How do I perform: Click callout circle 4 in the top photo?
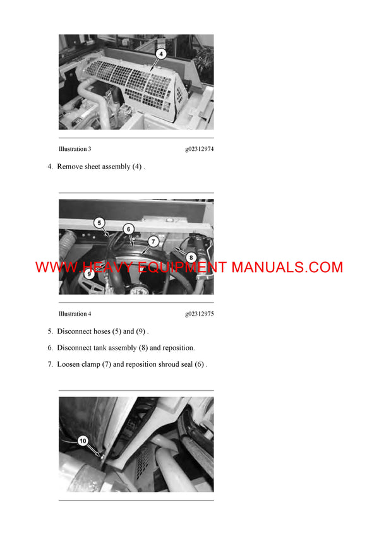coord(161,54)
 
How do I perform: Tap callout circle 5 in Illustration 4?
coord(99,222)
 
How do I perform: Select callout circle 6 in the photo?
coord(128,229)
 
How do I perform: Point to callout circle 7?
coord(153,242)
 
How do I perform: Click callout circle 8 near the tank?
coord(191,258)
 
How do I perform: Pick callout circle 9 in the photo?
coord(90,274)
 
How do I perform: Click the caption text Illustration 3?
coord(75,149)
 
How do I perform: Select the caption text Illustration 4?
coord(75,314)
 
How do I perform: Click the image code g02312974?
coord(199,149)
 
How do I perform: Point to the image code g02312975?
coord(199,314)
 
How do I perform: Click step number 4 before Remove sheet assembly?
coord(51,167)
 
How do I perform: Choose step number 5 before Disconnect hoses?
coord(51,331)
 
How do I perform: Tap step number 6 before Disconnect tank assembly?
coord(51,348)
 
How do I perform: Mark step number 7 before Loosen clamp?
coord(51,364)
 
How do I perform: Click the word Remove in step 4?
coord(71,167)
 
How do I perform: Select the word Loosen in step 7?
coord(70,364)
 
